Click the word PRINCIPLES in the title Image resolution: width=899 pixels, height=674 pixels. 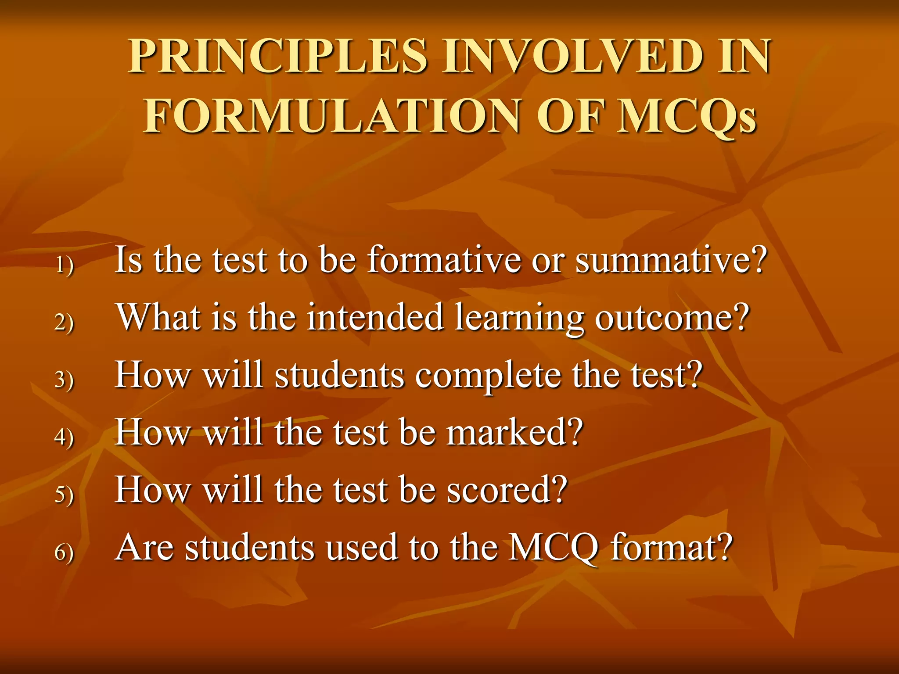(x=277, y=57)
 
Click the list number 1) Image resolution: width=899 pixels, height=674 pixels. (x=65, y=265)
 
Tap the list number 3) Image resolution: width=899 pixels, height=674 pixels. (x=65, y=380)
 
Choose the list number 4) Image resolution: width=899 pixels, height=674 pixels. (x=65, y=437)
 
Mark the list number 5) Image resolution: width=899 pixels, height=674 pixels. (x=65, y=495)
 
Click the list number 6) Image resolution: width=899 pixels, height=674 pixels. (x=65, y=552)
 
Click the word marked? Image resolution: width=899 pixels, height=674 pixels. (x=515, y=433)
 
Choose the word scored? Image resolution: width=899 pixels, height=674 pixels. (x=507, y=490)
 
